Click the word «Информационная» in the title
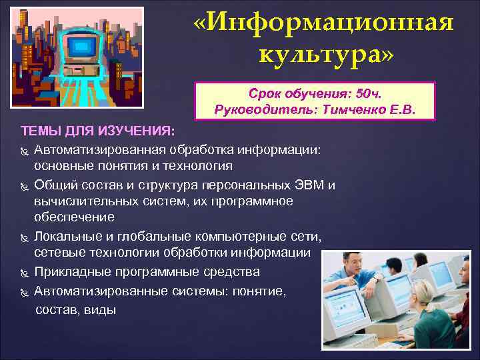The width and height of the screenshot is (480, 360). point(324,23)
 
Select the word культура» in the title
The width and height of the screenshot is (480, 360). point(327,54)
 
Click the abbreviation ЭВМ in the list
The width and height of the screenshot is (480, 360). point(315,185)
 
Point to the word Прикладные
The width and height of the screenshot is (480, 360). point(71,272)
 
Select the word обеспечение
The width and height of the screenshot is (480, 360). point(74,217)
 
